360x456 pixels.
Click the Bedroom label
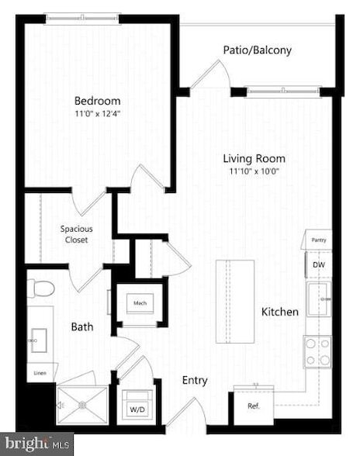[97, 100]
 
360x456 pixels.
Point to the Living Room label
[255, 158]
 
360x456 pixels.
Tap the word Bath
[83, 326]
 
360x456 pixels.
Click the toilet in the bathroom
[42, 288]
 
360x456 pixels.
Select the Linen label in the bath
[40, 373]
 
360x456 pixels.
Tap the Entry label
[195, 380]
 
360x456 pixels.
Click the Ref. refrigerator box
[253, 406]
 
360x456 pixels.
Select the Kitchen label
[279, 312]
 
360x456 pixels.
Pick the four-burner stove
[317, 351]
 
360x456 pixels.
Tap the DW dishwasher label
[318, 265]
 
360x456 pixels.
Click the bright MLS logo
[36, 444]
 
